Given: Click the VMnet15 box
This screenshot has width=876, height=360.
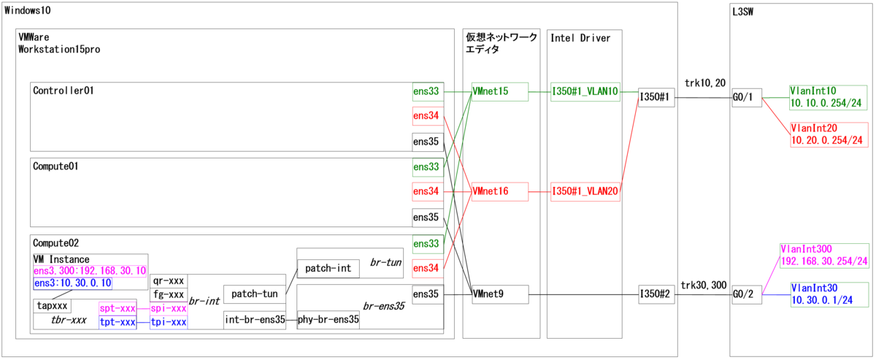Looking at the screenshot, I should [x=499, y=92].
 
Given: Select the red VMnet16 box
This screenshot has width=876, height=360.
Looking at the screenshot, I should [x=499, y=191].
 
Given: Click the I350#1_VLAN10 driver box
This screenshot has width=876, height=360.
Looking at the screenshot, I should [x=585, y=92].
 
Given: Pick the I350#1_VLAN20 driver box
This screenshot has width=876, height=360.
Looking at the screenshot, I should [x=585, y=191].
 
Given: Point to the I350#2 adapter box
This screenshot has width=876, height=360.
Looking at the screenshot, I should [x=654, y=294].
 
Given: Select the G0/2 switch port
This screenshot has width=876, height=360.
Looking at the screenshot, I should [x=747, y=294].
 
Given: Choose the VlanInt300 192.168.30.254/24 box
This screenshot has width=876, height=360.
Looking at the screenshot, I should [x=824, y=255].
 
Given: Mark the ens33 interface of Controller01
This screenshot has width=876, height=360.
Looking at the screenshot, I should [x=427, y=92].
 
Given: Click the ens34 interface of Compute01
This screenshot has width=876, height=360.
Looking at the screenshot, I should [x=427, y=192].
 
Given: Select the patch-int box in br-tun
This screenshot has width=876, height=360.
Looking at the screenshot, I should [x=328, y=269].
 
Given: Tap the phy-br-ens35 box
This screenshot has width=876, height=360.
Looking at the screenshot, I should [x=328, y=319].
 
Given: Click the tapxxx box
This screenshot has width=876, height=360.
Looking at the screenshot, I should [x=53, y=305].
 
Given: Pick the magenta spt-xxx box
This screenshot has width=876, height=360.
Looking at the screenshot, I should [x=118, y=309].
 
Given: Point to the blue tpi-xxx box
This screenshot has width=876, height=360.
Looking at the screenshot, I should [x=169, y=322].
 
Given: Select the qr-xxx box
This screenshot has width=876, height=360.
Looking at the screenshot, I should [x=168, y=281].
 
